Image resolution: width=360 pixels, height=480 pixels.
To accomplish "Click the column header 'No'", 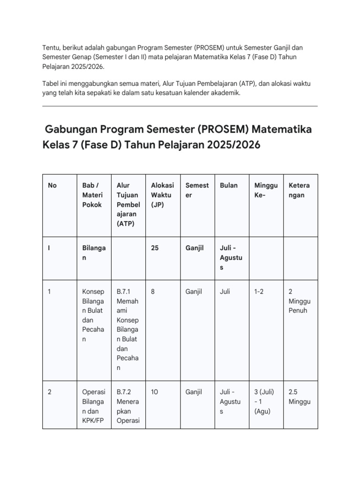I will pyautogui.click(x=52, y=185).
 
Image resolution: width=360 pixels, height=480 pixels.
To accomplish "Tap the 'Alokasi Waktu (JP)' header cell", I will pyautogui.click(x=162, y=195).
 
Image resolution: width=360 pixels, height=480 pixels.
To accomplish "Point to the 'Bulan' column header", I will pyautogui.click(x=229, y=185).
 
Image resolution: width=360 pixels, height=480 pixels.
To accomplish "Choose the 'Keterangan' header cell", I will pyautogui.click(x=300, y=190).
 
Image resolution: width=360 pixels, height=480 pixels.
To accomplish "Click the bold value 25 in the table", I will pyautogui.click(x=155, y=248).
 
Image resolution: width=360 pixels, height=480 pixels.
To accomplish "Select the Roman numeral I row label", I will pyautogui.click(x=49, y=248).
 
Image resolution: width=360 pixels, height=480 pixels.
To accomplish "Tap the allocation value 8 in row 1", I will pyautogui.click(x=153, y=292).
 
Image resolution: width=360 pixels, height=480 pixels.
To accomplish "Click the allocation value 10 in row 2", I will pyautogui.click(x=155, y=392).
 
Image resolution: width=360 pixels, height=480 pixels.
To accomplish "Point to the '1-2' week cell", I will pyautogui.click(x=259, y=292).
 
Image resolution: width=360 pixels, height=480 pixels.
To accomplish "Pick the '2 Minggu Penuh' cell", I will pyautogui.click(x=300, y=301).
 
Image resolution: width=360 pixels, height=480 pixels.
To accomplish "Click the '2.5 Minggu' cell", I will pyautogui.click(x=300, y=397).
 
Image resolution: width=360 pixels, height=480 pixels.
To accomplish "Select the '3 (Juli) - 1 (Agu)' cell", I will pyautogui.click(x=264, y=401).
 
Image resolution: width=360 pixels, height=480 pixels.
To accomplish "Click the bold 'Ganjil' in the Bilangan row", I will pyautogui.click(x=195, y=248).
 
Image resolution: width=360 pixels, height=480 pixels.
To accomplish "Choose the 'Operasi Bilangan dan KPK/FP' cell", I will pyautogui.click(x=94, y=406).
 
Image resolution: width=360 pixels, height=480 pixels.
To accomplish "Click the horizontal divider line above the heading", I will pyautogui.click(x=180, y=106).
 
